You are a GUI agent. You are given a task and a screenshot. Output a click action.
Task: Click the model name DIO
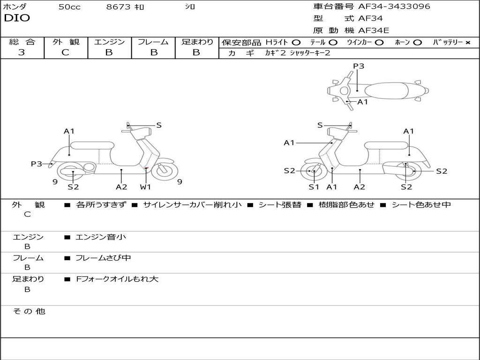tap(17, 18)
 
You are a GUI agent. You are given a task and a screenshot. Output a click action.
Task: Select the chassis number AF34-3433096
tap(394, 6)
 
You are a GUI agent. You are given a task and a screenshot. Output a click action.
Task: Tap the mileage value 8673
tap(118, 7)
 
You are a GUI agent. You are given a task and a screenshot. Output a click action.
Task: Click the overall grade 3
tap(22, 52)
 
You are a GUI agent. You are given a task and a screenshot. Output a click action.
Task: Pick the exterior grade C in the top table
tap(65, 52)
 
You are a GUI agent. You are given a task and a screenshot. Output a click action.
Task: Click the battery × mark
tap(467, 43)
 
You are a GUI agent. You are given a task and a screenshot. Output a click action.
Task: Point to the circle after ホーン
tap(417, 43)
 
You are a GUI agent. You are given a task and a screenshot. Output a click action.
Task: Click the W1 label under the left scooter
tap(145, 187)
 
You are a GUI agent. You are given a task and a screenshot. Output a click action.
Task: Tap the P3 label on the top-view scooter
tap(359, 66)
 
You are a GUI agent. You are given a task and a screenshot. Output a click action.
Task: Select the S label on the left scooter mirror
tap(158, 125)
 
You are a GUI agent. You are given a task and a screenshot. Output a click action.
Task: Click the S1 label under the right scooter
tap(314, 187)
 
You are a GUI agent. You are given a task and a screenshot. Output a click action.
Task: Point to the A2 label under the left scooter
tap(121, 187)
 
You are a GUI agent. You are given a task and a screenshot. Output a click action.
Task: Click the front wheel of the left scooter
tap(165, 171)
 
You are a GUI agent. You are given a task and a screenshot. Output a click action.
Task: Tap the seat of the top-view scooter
tap(386, 91)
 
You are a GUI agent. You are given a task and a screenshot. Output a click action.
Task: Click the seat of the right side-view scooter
tap(386, 146)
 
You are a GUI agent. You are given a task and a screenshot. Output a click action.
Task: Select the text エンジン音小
tap(101, 237)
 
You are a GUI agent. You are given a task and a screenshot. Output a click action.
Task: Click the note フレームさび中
tap(103, 258)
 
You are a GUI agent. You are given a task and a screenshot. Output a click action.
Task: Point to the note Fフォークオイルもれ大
tap(117, 279)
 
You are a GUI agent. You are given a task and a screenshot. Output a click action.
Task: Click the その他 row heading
tap(29, 311)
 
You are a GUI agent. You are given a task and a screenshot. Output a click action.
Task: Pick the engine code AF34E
tap(374, 30)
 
